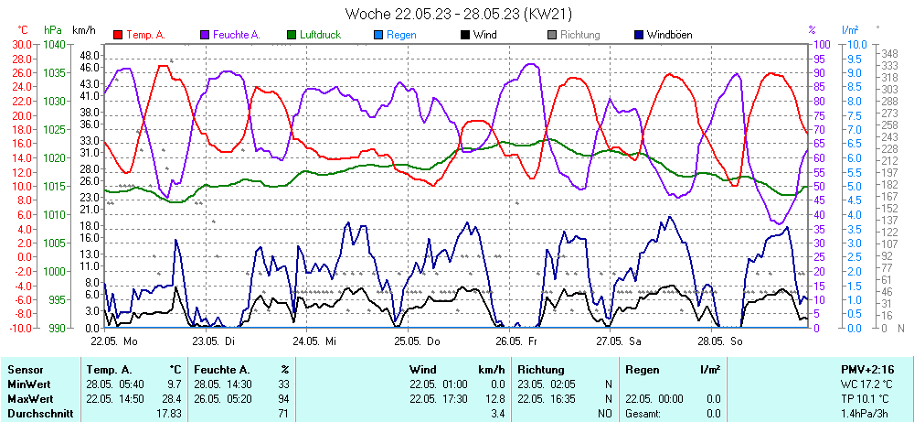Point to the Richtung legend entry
579,35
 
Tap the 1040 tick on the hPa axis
54,44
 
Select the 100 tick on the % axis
820,44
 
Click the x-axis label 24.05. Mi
315,340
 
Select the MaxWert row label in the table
29,400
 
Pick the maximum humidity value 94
283,400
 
